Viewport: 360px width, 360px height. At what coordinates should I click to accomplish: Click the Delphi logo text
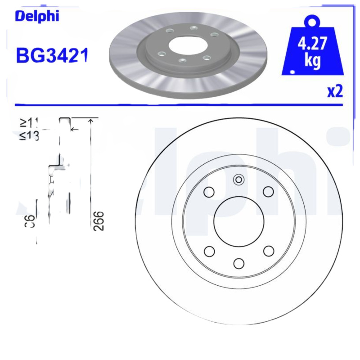[37, 16]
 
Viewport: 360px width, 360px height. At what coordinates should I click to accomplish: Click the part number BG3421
[51, 55]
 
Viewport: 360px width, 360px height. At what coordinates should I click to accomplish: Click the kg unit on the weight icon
[312, 61]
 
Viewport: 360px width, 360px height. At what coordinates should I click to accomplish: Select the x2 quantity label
[335, 91]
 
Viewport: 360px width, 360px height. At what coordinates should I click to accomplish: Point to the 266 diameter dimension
[99, 220]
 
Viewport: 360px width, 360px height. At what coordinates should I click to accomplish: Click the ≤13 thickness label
[28, 135]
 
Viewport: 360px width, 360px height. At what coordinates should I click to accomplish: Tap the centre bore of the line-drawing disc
[238, 221]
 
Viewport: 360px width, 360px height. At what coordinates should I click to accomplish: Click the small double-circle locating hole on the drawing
[238, 180]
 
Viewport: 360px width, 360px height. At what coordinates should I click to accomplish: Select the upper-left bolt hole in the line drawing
[209, 192]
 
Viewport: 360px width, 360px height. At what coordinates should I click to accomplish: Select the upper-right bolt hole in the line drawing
[268, 192]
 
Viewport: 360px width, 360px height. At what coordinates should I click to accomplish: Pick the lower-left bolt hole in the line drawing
[209, 251]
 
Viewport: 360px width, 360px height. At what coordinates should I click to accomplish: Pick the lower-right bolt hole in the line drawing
[269, 251]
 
